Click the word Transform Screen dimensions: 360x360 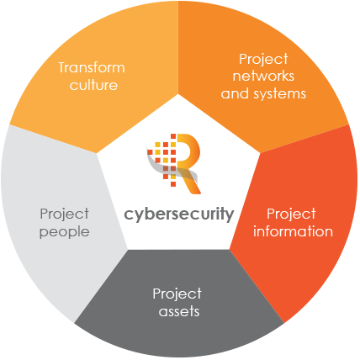pos(92,67)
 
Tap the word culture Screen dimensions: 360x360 pos(93,85)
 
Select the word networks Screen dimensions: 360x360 pos(263,76)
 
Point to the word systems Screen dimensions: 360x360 pos(279,94)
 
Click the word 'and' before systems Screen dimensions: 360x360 pos(235,93)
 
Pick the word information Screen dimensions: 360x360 pos(293,231)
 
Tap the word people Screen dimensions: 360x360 pos(65,233)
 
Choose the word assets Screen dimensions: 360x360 pos(179,312)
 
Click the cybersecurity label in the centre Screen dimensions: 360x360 pos(179,214)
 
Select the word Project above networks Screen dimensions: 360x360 pos(263,60)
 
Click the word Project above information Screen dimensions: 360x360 pos(291,214)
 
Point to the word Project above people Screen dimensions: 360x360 pos(65,214)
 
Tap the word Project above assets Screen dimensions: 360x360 pos(177,294)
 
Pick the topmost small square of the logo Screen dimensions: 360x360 pos(173,136)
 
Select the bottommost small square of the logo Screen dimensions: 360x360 pos(173,184)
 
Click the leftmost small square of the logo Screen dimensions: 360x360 pos(150,152)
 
